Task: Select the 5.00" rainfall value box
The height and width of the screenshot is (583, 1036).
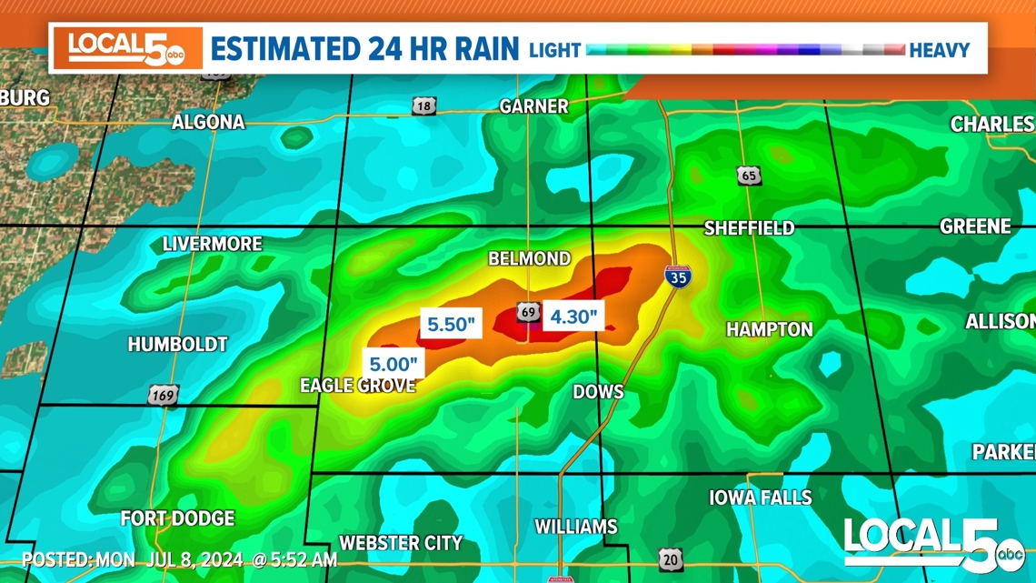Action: tap(393, 364)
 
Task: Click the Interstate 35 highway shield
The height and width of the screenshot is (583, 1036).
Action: tap(677, 276)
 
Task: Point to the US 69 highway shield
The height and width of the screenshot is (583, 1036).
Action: tap(528, 313)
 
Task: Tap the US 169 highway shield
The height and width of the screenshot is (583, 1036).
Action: tap(163, 396)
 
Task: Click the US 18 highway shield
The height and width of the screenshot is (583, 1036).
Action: tap(423, 106)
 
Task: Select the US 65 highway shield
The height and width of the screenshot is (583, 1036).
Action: tap(749, 176)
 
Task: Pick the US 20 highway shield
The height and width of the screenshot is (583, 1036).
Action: tap(671, 559)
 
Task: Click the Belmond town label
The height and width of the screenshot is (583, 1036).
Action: tap(529, 259)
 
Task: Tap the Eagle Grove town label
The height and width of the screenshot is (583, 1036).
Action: tap(357, 386)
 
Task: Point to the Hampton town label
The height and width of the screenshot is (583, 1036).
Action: tap(769, 329)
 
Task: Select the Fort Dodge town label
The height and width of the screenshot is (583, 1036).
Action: tap(177, 518)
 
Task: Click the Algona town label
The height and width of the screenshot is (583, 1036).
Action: tap(208, 122)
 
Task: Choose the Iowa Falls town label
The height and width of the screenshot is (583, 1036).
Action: tap(760, 498)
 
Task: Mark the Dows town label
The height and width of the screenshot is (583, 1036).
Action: tap(598, 392)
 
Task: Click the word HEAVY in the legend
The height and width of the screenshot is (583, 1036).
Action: tap(939, 50)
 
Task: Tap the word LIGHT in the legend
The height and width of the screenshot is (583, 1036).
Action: tap(554, 50)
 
